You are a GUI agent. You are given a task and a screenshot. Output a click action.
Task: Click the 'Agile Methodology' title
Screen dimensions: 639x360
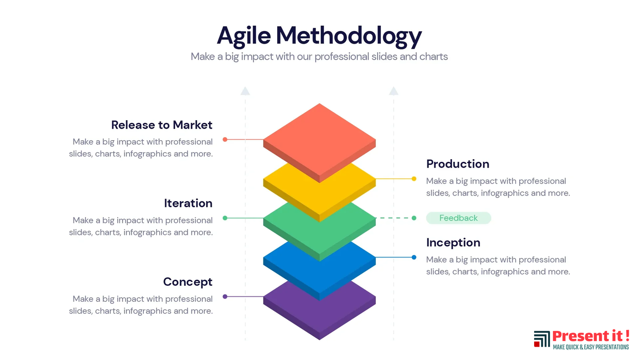click(x=319, y=36)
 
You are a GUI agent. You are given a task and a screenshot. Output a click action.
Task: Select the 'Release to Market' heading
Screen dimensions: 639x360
click(x=162, y=125)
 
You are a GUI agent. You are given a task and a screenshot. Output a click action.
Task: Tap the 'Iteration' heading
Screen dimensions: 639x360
click(x=188, y=203)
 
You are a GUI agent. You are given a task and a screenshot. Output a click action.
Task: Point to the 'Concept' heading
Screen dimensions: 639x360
click(x=187, y=282)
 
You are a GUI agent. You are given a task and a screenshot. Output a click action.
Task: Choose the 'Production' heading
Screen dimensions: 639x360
click(x=458, y=164)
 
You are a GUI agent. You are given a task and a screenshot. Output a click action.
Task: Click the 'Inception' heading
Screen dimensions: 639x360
click(x=453, y=243)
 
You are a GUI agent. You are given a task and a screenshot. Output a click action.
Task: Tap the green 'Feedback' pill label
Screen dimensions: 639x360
click(x=459, y=218)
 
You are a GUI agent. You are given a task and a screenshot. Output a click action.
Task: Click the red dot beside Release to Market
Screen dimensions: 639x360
click(x=225, y=139)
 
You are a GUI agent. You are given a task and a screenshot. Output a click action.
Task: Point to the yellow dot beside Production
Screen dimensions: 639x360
click(x=414, y=179)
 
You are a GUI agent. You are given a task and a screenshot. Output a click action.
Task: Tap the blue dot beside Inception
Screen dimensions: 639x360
click(x=414, y=257)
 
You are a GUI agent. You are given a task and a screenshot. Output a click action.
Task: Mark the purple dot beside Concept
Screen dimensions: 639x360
click(x=225, y=297)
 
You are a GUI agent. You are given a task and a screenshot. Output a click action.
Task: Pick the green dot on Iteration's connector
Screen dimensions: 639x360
click(x=225, y=218)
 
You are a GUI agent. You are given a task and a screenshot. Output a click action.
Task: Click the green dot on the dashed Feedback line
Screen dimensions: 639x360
click(x=414, y=218)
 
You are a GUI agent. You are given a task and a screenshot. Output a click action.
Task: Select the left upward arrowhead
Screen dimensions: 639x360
click(x=245, y=91)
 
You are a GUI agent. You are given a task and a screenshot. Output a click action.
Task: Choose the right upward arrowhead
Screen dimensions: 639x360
click(x=394, y=91)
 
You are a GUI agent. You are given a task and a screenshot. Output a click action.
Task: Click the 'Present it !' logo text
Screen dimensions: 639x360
click(x=591, y=336)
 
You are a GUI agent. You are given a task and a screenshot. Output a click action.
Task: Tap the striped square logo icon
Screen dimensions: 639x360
click(x=542, y=339)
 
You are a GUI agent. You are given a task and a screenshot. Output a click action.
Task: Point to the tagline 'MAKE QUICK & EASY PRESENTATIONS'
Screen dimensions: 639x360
click(x=591, y=347)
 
